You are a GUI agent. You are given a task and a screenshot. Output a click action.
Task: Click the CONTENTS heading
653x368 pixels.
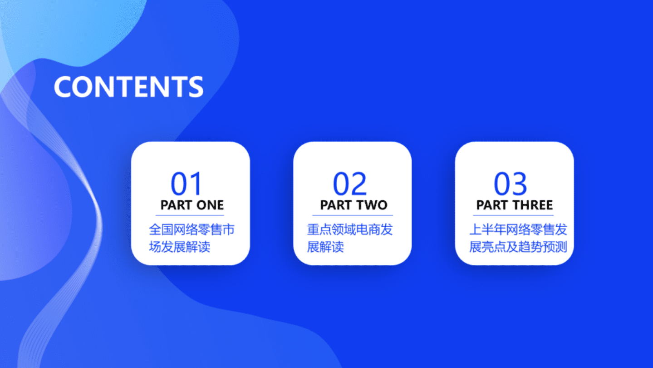click(x=128, y=86)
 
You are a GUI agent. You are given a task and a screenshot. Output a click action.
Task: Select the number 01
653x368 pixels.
click(x=186, y=184)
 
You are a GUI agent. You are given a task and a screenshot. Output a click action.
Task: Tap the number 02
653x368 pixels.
click(x=349, y=184)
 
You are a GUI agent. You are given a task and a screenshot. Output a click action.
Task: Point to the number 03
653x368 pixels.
click(x=511, y=184)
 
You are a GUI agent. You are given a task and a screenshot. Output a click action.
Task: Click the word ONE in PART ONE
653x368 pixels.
click(x=210, y=205)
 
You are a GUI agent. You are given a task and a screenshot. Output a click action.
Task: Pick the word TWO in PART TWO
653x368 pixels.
click(x=371, y=205)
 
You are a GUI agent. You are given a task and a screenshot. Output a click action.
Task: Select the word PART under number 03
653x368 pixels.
click(x=491, y=205)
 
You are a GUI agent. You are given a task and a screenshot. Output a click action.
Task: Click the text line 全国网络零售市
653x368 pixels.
click(x=191, y=229)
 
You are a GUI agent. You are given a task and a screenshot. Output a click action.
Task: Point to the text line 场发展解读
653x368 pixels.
click(x=179, y=247)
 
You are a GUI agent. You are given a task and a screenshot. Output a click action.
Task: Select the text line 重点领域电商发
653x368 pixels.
click(x=349, y=229)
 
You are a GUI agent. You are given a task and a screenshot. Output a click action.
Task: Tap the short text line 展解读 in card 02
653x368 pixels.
click(x=325, y=247)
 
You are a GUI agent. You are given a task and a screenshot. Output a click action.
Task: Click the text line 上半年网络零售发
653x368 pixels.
click(x=518, y=229)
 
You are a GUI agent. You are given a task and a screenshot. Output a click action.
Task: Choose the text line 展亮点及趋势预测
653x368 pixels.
click(x=518, y=247)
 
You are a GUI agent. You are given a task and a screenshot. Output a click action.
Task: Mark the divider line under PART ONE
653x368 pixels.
click(x=190, y=215)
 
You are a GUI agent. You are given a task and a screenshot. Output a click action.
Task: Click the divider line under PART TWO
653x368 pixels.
click(x=352, y=215)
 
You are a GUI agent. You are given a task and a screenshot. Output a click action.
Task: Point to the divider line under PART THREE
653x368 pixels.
click(x=513, y=215)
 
